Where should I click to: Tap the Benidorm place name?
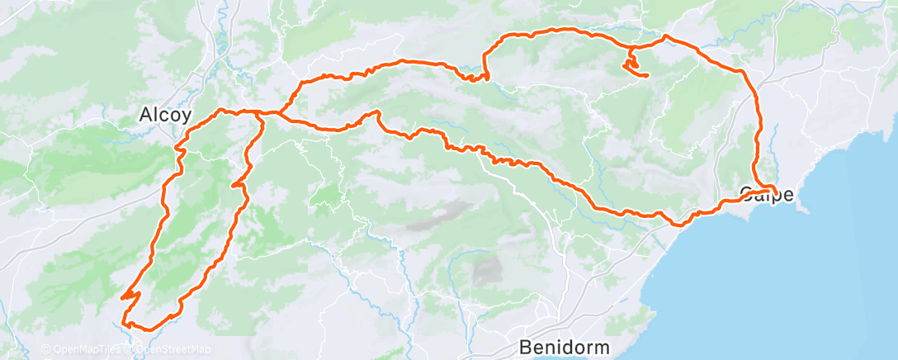[565, 345]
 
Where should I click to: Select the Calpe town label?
[767, 196]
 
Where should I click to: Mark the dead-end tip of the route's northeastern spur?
[647, 76]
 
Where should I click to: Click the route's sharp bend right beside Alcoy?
[177, 149]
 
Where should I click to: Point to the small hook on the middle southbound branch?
[240, 186]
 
